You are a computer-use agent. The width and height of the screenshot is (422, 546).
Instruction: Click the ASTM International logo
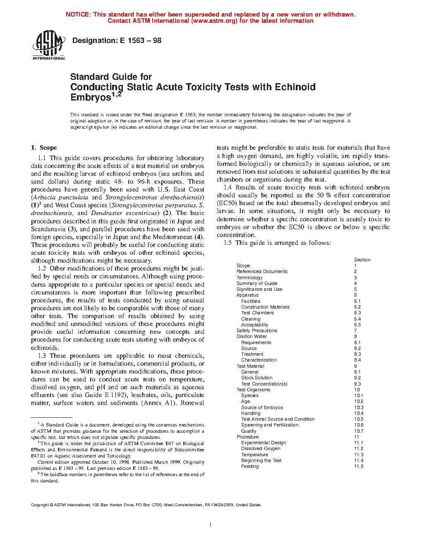tap(48, 45)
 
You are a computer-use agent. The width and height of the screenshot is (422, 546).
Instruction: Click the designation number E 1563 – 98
tap(141, 41)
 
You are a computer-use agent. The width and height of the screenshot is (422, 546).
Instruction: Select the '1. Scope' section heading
tap(44, 148)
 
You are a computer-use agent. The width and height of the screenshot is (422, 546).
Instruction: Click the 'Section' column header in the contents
tap(362, 260)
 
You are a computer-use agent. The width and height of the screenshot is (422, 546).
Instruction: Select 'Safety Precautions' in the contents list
tap(257, 330)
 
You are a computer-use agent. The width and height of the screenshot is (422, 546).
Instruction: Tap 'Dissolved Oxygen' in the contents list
tap(261, 448)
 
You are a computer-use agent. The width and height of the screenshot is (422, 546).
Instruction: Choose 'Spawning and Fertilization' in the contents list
tap(270, 425)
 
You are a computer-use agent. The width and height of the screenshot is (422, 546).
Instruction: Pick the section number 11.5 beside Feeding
tap(358, 466)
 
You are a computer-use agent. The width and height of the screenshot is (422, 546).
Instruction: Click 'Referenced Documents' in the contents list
tap(262, 271)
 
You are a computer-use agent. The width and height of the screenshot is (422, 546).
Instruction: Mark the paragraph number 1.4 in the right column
tap(228, 187)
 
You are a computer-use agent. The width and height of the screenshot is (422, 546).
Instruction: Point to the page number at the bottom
tap(211, 525)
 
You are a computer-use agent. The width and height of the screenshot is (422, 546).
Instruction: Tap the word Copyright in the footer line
tap(40, 505)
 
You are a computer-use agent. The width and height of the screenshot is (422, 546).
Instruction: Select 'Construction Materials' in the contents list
tap(265, 307)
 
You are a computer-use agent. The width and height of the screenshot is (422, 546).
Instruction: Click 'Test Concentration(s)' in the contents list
tap(264, 384)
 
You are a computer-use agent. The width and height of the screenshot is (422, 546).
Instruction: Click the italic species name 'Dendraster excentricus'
tap(125, 213)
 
